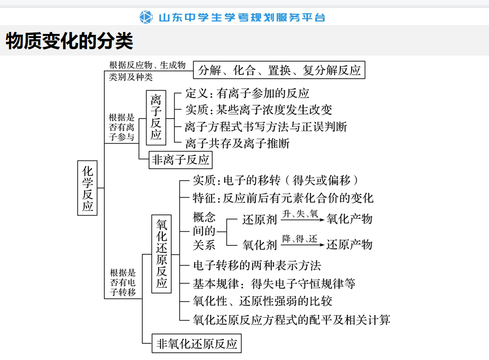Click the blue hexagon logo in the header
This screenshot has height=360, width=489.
coord(146,17)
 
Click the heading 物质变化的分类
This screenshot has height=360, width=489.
coord(69,41)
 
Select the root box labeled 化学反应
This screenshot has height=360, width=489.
coord(88,188)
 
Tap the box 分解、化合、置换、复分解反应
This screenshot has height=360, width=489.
coord(279,70)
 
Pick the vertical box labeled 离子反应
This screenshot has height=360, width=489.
coord(156,118)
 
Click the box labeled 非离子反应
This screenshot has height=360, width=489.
coord(181,160)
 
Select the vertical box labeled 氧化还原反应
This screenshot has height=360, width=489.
coord(161,254)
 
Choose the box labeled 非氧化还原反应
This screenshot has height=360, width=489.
coord(196,343)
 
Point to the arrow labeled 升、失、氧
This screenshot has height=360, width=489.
coord(303,220)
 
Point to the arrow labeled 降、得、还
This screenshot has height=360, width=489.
coord(303,245)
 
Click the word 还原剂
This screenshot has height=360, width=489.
coord(259,220)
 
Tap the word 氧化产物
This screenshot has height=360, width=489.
coord(350,219)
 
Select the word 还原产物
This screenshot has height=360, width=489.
coord(350,244)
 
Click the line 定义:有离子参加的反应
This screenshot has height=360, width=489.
coord(247,93)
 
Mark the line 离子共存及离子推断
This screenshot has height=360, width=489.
coord(237,144)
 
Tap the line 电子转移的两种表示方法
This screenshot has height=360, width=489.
coord(257,266)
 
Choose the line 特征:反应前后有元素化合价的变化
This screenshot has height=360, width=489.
coord(283,198)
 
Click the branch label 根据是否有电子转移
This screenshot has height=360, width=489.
coord(123,282)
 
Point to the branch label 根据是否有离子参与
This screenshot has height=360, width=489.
coord(122,127)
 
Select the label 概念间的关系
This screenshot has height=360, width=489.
coord(204,231)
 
